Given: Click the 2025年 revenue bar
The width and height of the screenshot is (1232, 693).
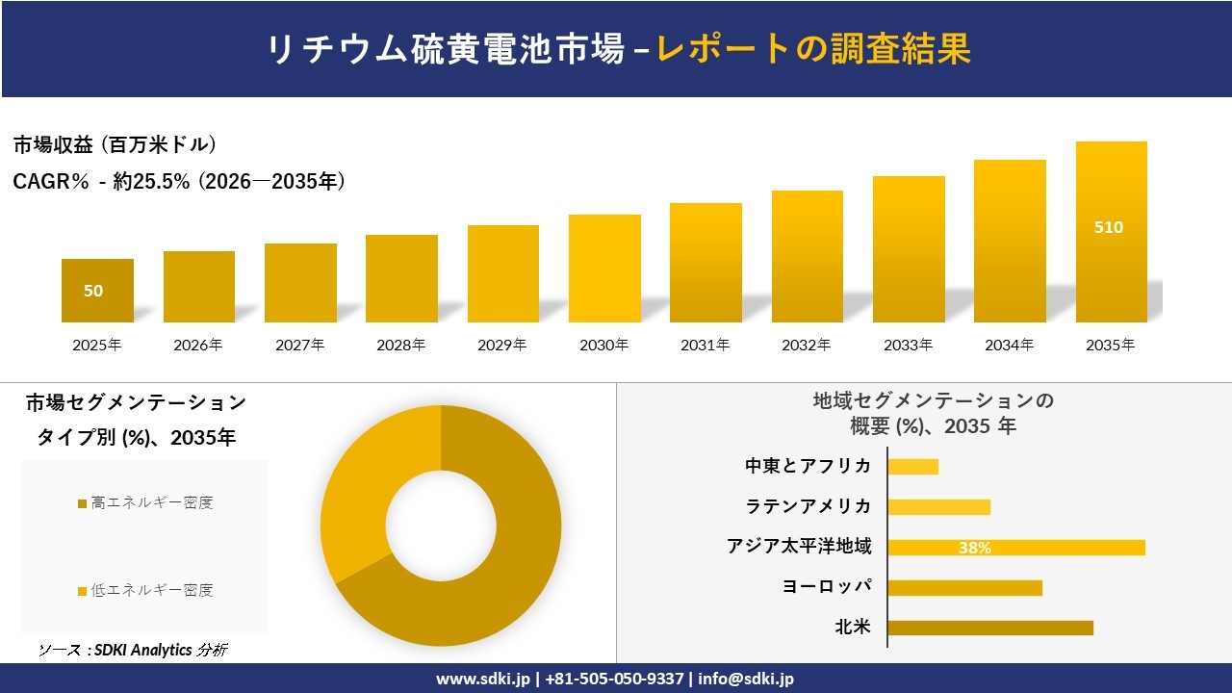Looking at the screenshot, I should [97, 291].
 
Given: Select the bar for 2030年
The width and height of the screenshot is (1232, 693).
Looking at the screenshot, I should [604, 269].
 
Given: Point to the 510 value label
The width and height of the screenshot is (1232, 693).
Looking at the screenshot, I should [1109, 228].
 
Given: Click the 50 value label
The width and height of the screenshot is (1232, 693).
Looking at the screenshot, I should [93, 291].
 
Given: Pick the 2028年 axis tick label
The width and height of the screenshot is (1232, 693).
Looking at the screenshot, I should [401, 345].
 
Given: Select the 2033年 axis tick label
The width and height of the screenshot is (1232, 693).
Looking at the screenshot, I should [909, 345].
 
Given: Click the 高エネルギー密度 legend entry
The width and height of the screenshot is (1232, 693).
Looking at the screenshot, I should [145, 502].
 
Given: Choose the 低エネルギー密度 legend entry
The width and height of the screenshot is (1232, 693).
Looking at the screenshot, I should [145, 590].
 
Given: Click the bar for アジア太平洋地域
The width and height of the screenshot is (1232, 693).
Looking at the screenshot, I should [1016, 548].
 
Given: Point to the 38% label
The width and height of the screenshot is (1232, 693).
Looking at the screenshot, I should [975, 548].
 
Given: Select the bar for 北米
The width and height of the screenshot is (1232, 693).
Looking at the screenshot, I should [990, 628].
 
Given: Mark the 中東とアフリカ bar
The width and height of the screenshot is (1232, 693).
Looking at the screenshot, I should [912, 467].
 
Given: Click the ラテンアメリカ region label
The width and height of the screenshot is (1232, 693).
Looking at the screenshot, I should [808, 506].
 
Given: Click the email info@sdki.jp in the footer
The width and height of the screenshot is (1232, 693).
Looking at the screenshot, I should [746, 679].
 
